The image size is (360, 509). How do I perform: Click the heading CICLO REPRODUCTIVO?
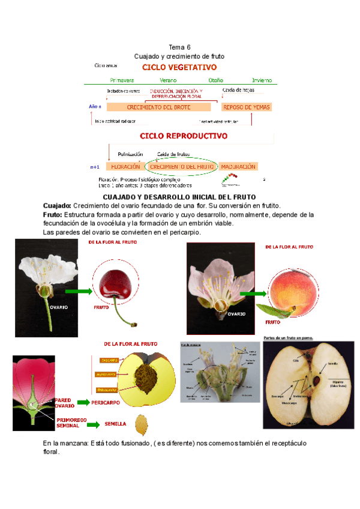click(184, 136)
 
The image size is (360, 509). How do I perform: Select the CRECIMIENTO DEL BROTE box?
click(159, 107)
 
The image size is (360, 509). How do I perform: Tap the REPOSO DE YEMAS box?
click(246, 107)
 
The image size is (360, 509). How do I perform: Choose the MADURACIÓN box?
click(238, 166)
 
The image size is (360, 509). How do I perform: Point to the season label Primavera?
click(122, 80)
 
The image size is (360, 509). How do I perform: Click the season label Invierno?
click(262, 80)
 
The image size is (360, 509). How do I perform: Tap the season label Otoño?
click(215, 80)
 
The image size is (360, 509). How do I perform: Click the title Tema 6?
click(179, 47)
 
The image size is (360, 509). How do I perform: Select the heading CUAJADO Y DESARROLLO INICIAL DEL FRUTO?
click(179, 197)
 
